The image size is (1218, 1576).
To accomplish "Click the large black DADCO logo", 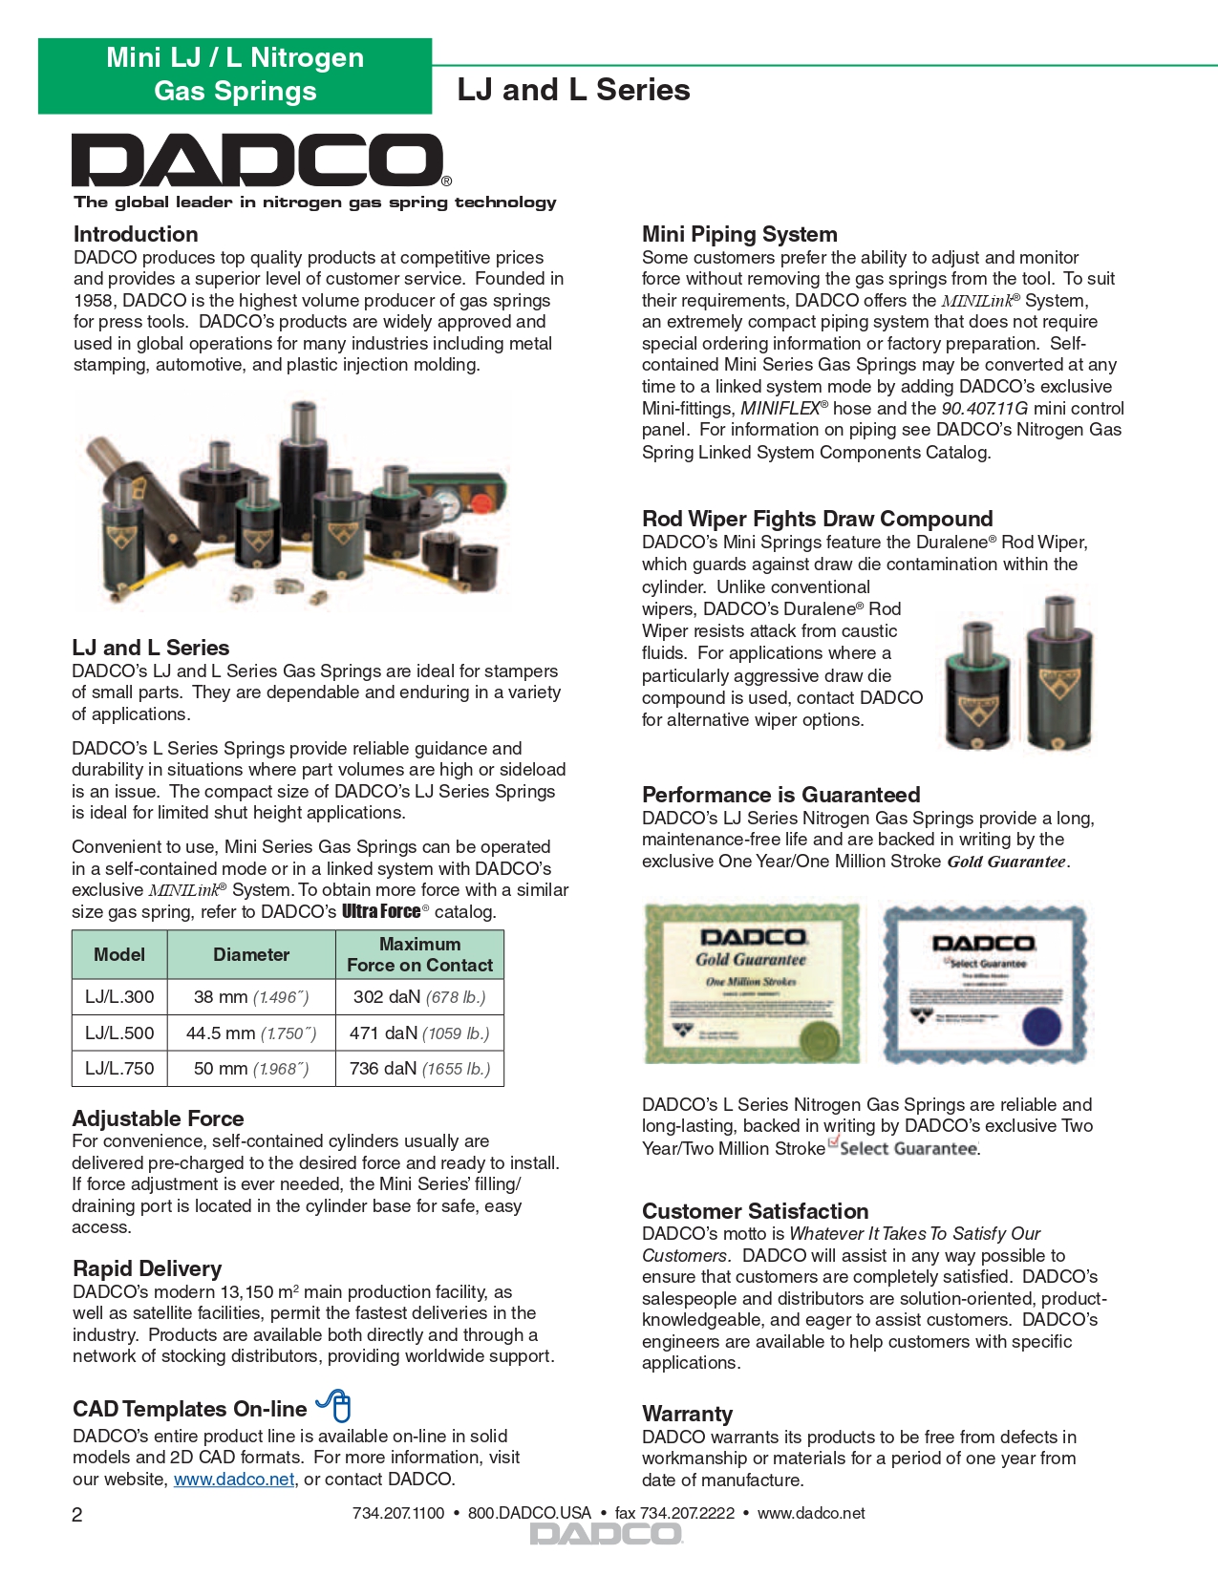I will pos(258,160).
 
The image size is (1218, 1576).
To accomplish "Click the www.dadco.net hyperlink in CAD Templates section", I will pos(234,1480).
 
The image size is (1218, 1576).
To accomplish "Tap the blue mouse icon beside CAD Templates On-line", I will pos(335,1406).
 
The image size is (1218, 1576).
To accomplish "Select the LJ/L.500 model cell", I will pos(119,1033).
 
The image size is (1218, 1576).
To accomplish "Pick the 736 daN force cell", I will pos(419,1069).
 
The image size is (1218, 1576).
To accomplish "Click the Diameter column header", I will pos(251,954).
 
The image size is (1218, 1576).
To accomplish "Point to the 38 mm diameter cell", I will pos(251,997).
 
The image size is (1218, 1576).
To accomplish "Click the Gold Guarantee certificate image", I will pos(753,983).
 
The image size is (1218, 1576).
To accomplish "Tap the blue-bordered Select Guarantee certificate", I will pos(984,983).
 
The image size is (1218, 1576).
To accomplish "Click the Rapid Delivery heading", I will pos(147,1268).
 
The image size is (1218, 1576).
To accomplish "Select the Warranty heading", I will pos(687,1414).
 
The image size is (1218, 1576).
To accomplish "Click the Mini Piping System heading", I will pos(739,234).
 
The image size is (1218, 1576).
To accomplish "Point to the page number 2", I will pos(77,1515).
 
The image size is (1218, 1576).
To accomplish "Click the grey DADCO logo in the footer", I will pos(606,1534).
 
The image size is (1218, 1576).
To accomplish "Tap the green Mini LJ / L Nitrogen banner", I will pos(235,75).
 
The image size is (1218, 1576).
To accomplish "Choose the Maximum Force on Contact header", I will pos(419,954).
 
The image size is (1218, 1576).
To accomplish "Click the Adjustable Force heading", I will pos(159,1118).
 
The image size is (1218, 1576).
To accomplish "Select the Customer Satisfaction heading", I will pos(755,1211).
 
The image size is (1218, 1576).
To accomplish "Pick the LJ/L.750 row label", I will pos(119,1069).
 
